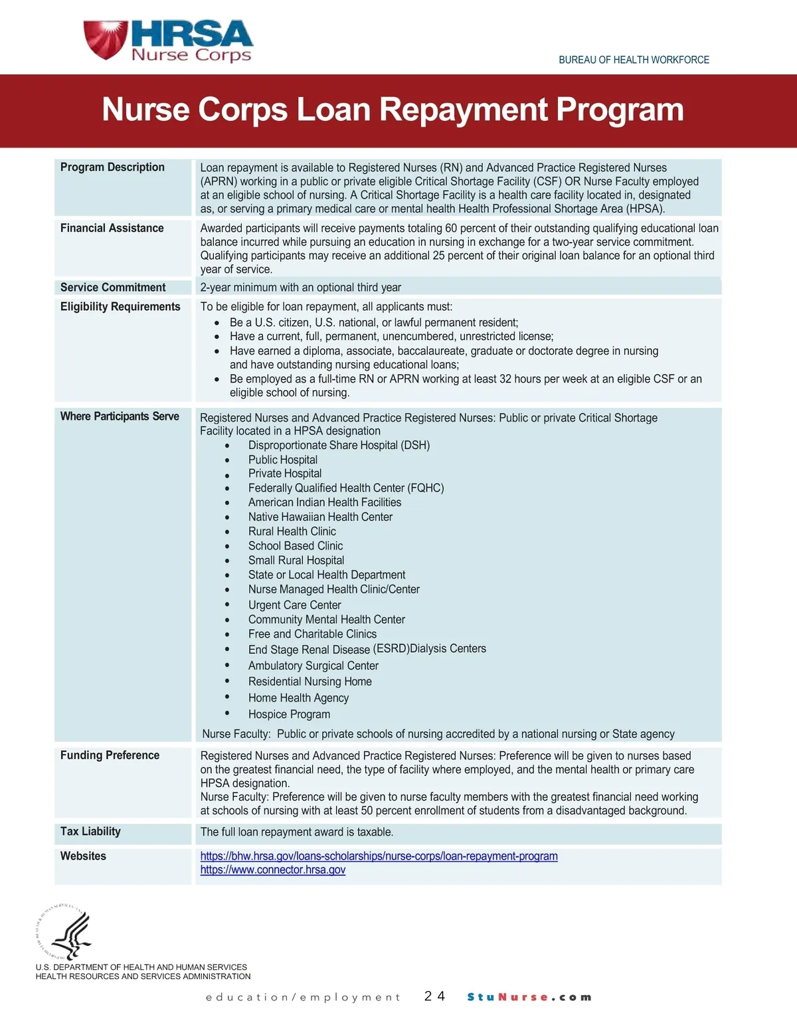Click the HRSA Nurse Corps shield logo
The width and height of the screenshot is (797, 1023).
click(105, 40)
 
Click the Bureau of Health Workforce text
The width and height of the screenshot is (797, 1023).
click(634, 60)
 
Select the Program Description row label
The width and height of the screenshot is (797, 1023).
click(112, 167)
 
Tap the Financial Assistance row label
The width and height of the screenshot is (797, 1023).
click(112, 229)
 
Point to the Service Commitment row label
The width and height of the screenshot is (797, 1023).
click(113, 288)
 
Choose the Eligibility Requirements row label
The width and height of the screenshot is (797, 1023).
click(120, 307)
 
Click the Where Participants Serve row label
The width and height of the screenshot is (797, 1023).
click(120, 417)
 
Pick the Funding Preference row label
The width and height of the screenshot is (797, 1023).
click(110, 755)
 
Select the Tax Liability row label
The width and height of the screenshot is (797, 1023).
click(90, 832)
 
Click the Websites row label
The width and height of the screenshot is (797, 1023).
click(83, 856)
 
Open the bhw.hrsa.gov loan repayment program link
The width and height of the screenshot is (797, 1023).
click(379, 856)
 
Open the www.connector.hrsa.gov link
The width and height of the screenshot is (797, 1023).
click(273, 870)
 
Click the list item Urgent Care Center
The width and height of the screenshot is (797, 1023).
click(294, 605)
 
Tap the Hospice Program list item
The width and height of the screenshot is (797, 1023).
click(289, 715)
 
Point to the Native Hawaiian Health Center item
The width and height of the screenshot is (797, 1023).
click(320, 517)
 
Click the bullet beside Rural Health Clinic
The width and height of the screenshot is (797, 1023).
click(227, 532)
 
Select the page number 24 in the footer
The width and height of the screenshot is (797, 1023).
click(434, 996)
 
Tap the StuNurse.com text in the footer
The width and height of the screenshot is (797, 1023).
click(529, 997)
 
